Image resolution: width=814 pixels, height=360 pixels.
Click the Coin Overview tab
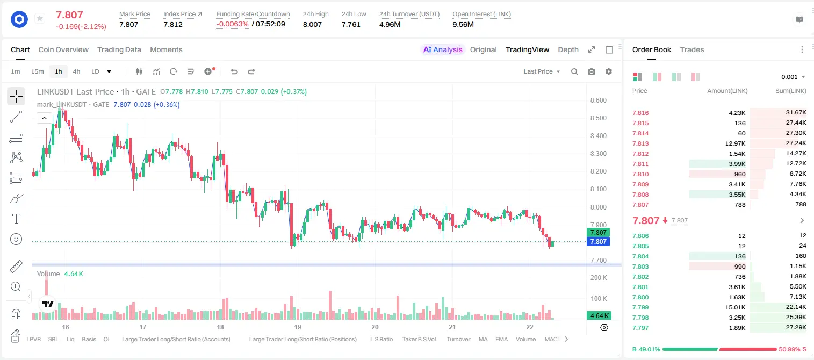(63, 49)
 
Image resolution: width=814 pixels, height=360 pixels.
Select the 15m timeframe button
(37, 71)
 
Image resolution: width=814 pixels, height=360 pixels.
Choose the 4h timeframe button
(76, 71)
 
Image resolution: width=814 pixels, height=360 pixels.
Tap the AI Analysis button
(443, 49)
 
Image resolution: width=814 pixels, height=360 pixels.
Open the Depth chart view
(568, 49)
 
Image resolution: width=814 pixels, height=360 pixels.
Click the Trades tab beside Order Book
(692, 49)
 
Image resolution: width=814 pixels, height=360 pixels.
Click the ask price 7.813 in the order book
(640, 143)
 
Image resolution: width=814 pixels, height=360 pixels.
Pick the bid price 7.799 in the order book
(640, 307)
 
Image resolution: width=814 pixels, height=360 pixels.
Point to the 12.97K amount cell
(735, 143)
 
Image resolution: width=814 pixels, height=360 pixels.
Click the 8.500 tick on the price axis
(599, 118)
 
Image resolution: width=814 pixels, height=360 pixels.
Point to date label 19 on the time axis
(298, 327)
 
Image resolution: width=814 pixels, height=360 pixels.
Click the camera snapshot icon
(592, 71)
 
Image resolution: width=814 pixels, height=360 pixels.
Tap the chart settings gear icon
(609, 71)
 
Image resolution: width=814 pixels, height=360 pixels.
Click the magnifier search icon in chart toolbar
(574, 71)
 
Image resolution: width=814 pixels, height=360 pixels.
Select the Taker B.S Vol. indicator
(419, 339)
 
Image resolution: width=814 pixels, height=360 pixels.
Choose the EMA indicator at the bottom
(501, 339)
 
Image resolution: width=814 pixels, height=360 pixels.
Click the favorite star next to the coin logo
(40, 18)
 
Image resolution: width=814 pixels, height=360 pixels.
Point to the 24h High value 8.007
(312, 24)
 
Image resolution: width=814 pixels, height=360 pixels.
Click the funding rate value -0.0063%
(232, 24)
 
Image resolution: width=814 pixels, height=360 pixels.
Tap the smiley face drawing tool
(16, 239)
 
